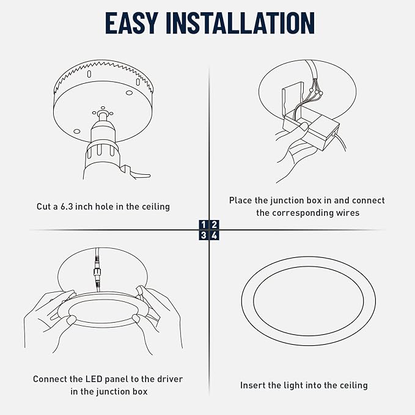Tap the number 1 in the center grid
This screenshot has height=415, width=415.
click(x=204, y=225)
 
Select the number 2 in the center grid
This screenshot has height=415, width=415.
click(x=215, y=225)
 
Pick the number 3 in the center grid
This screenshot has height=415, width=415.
click(x=204, y=235)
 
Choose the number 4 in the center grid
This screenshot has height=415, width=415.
click(x=215, y=235)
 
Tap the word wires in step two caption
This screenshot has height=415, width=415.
click(x=345, y=213)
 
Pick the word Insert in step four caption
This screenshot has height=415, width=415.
click(x=253, y=386)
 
